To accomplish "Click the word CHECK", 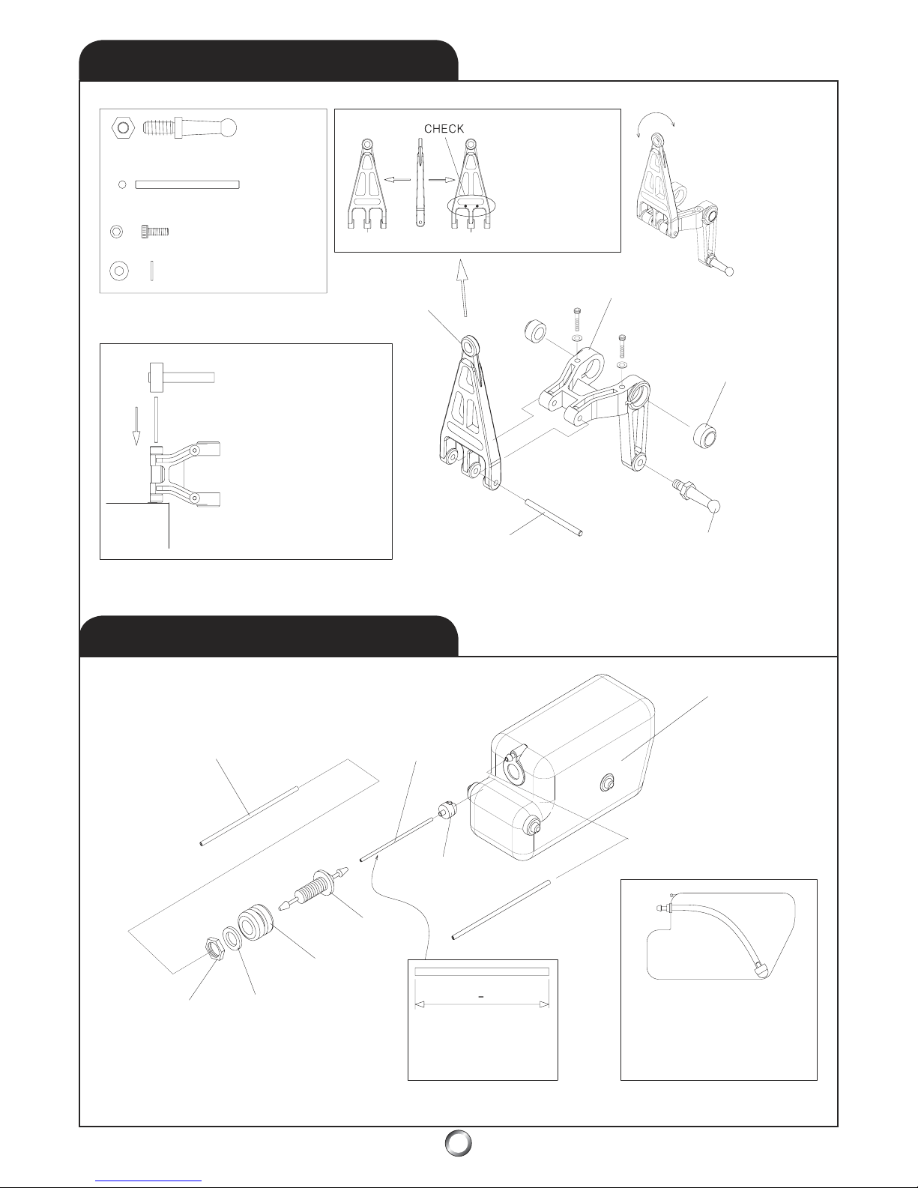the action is click(444, 128).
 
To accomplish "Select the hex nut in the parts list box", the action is click(123, 128).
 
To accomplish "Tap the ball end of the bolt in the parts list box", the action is click(229, 128).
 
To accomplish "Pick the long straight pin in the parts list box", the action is click(187, 185).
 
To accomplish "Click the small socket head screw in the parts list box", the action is click(155, 232).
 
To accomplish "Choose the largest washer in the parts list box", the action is click(119, 271).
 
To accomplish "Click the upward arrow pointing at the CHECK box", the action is click(463, 288).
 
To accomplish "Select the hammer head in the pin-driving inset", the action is click(157, 377).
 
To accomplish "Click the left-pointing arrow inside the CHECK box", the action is click(396, 179).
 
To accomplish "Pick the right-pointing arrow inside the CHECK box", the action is click(442, 179).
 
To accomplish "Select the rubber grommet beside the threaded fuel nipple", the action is click(255, 924).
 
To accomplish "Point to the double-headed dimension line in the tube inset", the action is click(482, 1004).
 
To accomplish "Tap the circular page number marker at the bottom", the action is click(458, 1142).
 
